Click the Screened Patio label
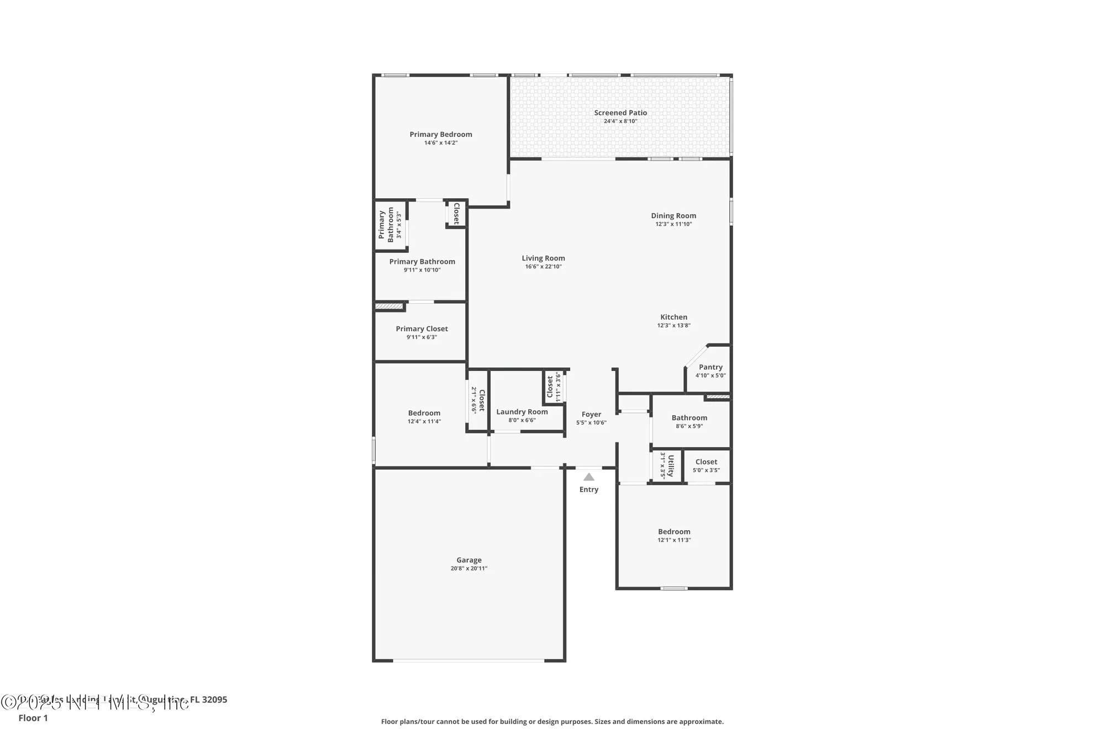point(620,113)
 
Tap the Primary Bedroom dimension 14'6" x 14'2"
point(441,143)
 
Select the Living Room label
point(543,258)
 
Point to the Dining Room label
point(673,216)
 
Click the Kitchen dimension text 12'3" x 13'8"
point(673,326)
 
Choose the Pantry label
point(711,367)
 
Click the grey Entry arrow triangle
point(589,477)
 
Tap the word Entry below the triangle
point(589,490)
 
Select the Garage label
point(469,560)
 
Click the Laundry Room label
point(522,412)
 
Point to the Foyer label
point(591,414)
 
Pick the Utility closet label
point(671,465)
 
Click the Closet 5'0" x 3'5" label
point(706,462)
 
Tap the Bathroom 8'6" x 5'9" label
point(689,418)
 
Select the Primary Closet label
point(422,329)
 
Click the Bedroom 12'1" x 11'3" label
point(674,532)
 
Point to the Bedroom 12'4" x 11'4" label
point(424,413)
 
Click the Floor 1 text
point(33,718)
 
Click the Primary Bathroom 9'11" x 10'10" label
point(422,262)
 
